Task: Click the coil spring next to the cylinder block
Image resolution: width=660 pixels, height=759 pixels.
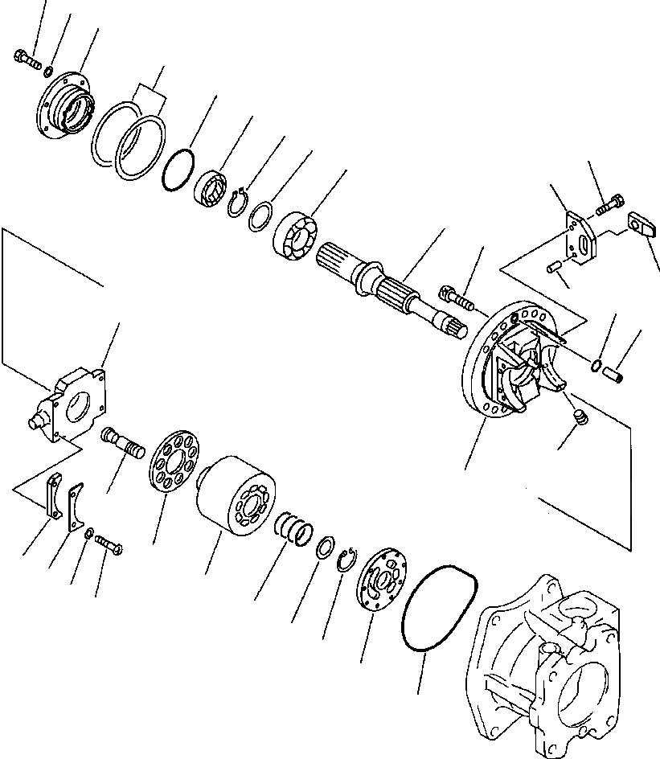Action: pos(294,530)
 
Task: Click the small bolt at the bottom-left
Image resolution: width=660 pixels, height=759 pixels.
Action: pos(109,544)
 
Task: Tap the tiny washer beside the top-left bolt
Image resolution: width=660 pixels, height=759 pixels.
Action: pos(49,72)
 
